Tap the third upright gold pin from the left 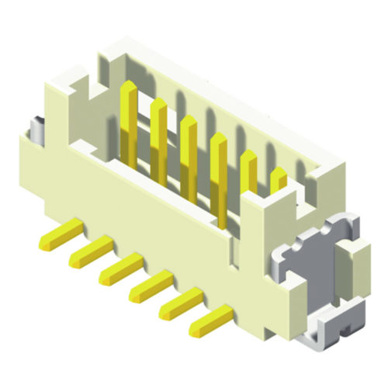coord(189,155)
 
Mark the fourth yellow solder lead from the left coord(149,285)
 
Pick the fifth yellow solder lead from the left coord(180,303)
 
